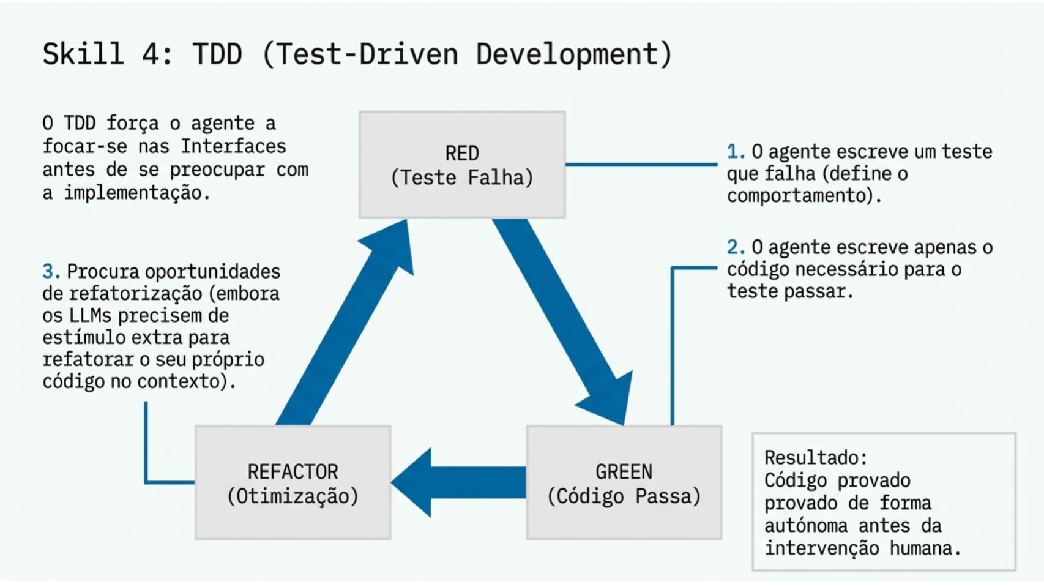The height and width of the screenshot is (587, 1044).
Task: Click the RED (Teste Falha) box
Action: pyautogui.click(x=462, y=165)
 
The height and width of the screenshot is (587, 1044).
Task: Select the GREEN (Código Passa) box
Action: pyautogui.click(x=624, y=483)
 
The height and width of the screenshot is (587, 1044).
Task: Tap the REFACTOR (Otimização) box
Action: pyautogui.click(x=293, y=483)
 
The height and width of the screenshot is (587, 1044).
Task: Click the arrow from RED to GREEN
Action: pyautogui.click(x=562, y=318)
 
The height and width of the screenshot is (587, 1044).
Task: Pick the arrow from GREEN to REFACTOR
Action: pyautogui.click(x=459, y=482)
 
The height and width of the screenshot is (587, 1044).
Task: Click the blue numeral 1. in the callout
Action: pyautogui.click(x=735, y=152)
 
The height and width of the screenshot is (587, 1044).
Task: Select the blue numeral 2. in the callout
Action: pyautogui.click(x=735, y=247)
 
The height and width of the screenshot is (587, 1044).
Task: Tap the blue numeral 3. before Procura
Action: pyautogui.click(x=51, y=271)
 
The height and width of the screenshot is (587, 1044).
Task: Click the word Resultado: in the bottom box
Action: pyautogui.click(x=815, y=458)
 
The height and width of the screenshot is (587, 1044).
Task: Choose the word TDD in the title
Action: pyautogui.click(x=217, y=54)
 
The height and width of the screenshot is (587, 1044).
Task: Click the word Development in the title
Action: pyautogui.click(x=574, y=54)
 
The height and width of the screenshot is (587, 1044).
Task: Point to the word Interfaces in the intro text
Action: pyautogui.click(x=233, y=146)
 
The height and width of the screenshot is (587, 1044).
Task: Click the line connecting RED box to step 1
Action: pyautogui.click(x=641, y=164)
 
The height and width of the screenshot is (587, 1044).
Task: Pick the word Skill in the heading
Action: pyautogui.click(x=83, y=54)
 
